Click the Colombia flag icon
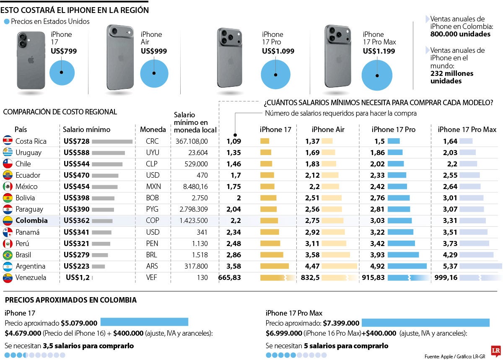[x=8, y=220]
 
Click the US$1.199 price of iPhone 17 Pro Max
[x=379, y=51]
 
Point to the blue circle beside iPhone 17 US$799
[x=62, y=73]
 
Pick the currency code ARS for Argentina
[x=152, y=266]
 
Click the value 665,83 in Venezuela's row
[x=230, y=277]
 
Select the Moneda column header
[x=153, y=129]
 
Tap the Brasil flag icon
[x=8, y=255]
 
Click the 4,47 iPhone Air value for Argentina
[x=312, y=266]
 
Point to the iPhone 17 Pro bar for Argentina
[x=407, y=266]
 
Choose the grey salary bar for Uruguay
[x=108, y=153]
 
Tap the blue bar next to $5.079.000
[x=144, y=322]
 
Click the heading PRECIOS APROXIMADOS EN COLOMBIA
[x=70, y=300]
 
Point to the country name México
[x=26, y=186]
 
